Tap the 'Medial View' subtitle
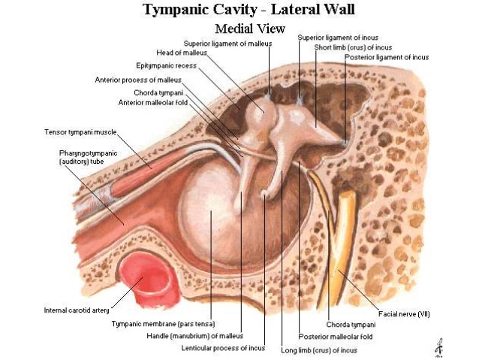pyautogui.click(x=250, y=29)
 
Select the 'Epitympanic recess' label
pyautogui.click(x=166, y=65)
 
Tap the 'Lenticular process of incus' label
pyautogui.click(x=223, y=349)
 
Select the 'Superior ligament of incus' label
pyautogui.click(x=338, y=37)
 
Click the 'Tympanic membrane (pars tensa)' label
pyautogui.click(x=163, y=324)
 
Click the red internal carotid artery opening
pyautogui.click(x=146, y=273)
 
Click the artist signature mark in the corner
pyautogui.click(x=437, y=346)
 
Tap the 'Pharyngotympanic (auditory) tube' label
pyautogui.click(x=84, y=157)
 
